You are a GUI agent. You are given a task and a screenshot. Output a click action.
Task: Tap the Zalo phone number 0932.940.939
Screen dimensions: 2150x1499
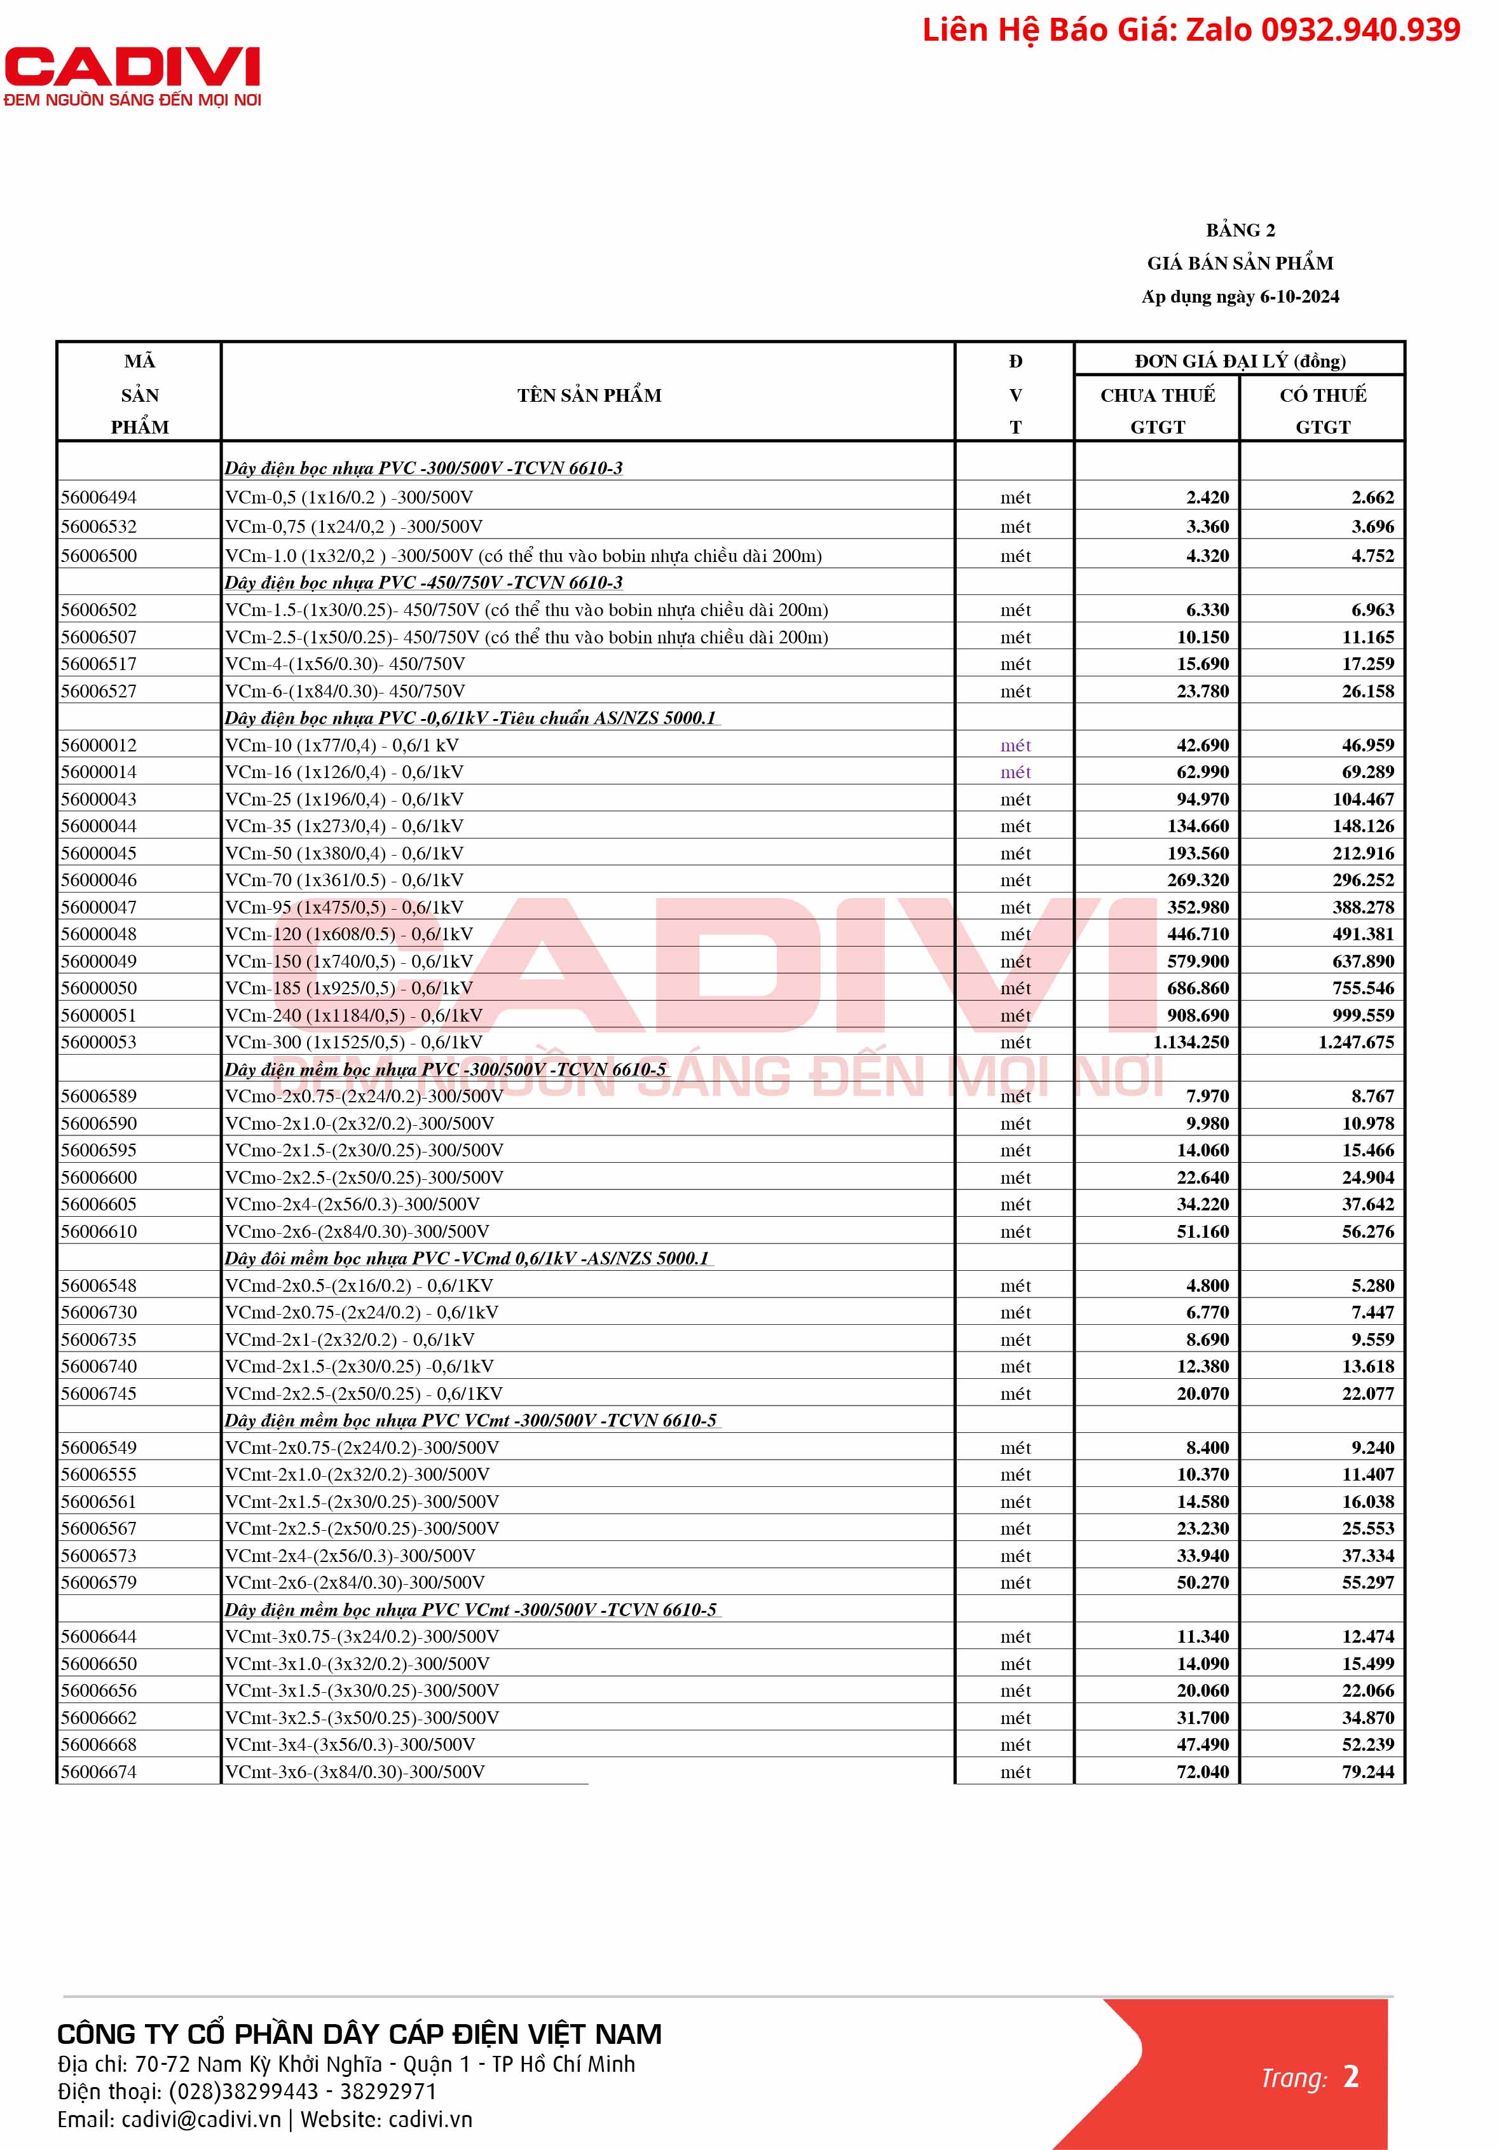click(x=1360, y=30)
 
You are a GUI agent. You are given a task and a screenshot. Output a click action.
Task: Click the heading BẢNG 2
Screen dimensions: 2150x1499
click(x=1240, y=230)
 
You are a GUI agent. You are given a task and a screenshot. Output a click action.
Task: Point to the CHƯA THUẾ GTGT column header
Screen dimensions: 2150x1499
click(x=1157, y=410)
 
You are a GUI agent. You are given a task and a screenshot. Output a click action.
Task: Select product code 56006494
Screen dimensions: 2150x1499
click(x=99, y=497)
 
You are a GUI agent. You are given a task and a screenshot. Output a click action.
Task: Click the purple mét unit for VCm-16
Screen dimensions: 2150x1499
click(x=1015, y=772)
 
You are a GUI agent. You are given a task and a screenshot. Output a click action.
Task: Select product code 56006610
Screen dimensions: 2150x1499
click(x=99, y=1231)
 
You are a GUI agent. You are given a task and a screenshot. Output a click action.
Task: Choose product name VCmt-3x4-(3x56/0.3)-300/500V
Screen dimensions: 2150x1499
click(x=350, y=1744)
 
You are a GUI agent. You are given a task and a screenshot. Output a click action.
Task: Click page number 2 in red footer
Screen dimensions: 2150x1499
click(x=1350, y=2077)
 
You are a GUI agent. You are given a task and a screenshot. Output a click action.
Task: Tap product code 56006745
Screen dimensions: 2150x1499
click(x=99, y=1393)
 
